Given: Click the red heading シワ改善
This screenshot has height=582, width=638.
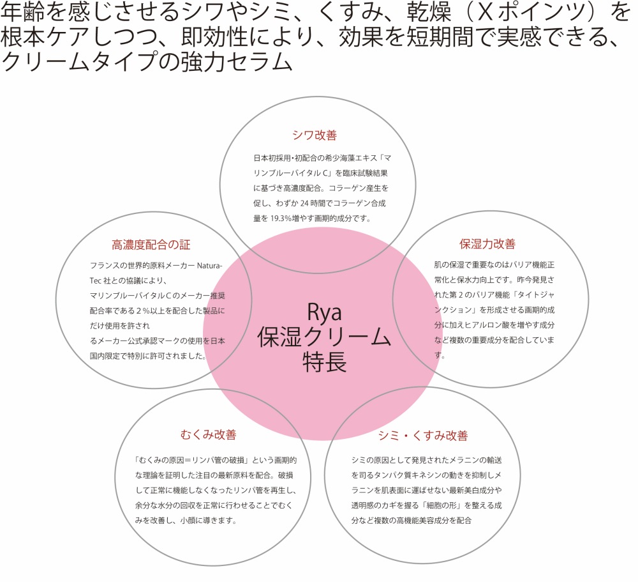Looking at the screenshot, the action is click(315, 135).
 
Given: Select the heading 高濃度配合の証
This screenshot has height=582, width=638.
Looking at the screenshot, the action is click(151, 245).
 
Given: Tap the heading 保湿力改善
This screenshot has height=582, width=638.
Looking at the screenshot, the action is click(487, 243).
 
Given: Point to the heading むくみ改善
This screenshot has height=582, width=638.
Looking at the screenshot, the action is click(209, 434).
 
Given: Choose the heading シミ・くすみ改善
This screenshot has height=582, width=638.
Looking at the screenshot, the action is click(423, 435).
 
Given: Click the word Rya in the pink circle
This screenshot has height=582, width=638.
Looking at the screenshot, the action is click(324, 312).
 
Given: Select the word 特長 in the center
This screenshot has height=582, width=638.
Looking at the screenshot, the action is click(324, 362).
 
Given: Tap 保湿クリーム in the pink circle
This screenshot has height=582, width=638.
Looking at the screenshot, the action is click(324, 337).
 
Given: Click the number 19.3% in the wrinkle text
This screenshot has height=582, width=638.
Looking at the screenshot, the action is click(281, 218).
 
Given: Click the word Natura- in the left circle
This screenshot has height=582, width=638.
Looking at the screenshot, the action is click(209, 266).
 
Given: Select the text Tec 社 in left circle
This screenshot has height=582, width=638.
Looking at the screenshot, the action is click(103, 281).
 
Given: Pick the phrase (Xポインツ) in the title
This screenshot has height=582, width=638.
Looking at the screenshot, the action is click(532, 12).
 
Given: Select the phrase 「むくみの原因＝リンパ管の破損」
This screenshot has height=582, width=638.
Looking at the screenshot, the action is click(191, 460).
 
